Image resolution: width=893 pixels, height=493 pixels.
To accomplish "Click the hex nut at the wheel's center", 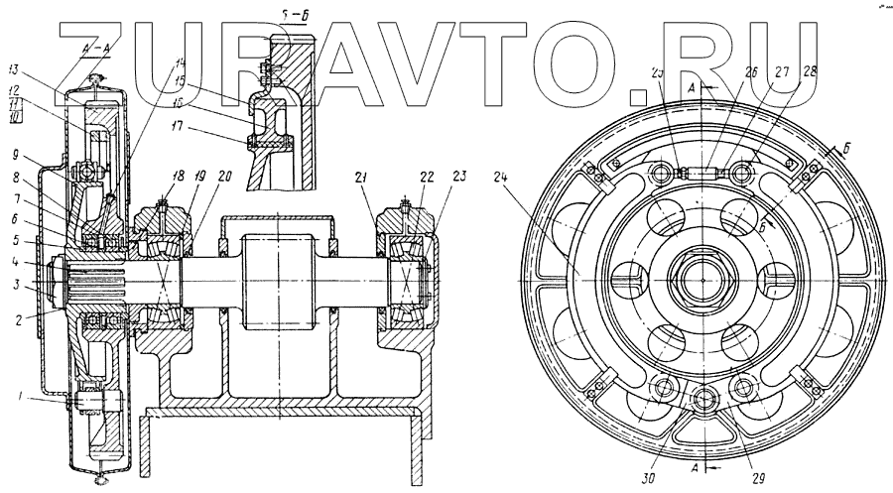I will (702, 280).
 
